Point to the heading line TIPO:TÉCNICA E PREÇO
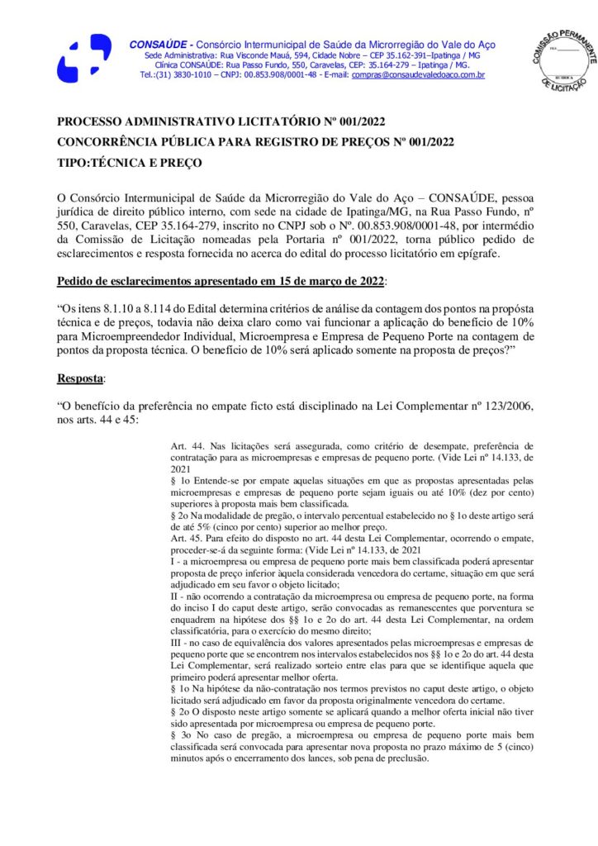point(129,163)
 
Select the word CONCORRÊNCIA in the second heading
point(110,142)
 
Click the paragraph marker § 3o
point(180,732)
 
